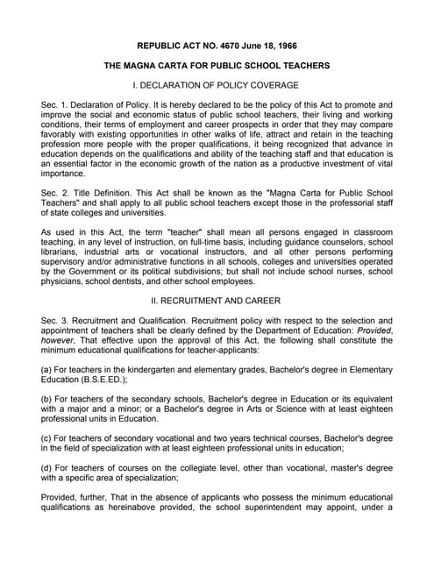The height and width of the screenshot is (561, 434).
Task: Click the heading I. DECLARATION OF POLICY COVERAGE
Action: (x=217, y=85)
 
